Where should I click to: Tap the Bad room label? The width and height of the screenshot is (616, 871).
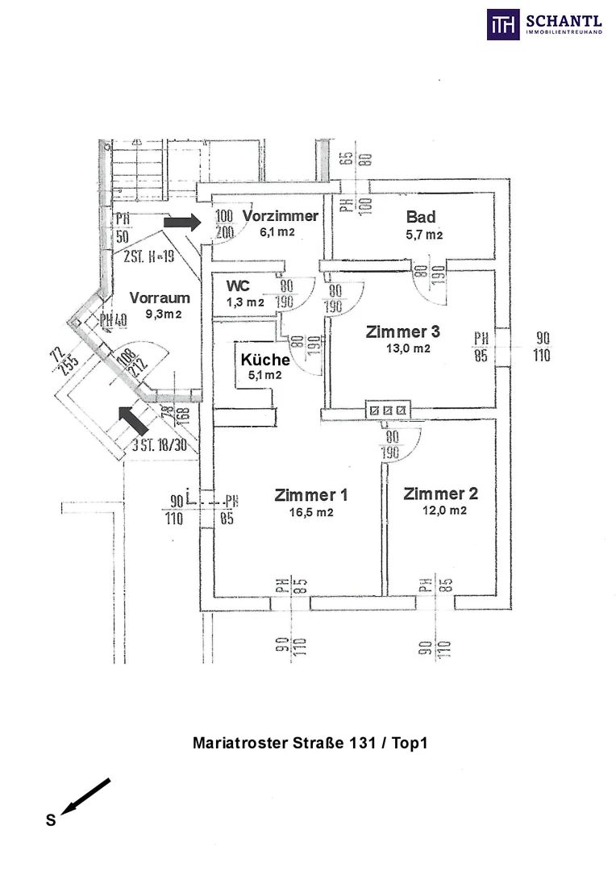[x=421, y=217]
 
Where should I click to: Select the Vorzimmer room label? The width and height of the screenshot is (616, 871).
[x=280, y=216]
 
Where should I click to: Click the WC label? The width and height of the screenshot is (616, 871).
[x=238, y=286]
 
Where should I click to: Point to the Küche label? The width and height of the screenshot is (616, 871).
[x=265, y=360]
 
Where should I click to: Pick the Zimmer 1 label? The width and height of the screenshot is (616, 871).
[x=310, y=495]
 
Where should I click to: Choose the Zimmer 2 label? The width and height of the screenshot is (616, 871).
[x=435, y=494]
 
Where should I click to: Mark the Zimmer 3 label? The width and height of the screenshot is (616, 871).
[x=403, y=331]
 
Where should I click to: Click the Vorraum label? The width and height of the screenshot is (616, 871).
[x=160, y=297]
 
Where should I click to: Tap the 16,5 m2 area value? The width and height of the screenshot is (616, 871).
[x=310, y=512]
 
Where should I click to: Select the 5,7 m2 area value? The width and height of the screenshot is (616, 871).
[x=424, y=235]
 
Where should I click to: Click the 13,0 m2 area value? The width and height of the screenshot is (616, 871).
[x=409, y=348]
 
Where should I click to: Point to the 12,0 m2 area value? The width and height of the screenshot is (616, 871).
[x=444, y=511]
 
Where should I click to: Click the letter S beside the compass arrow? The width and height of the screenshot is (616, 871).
[x=50, y=821]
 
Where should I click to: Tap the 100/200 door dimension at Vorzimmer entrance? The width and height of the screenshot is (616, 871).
[x=224, y=223]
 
